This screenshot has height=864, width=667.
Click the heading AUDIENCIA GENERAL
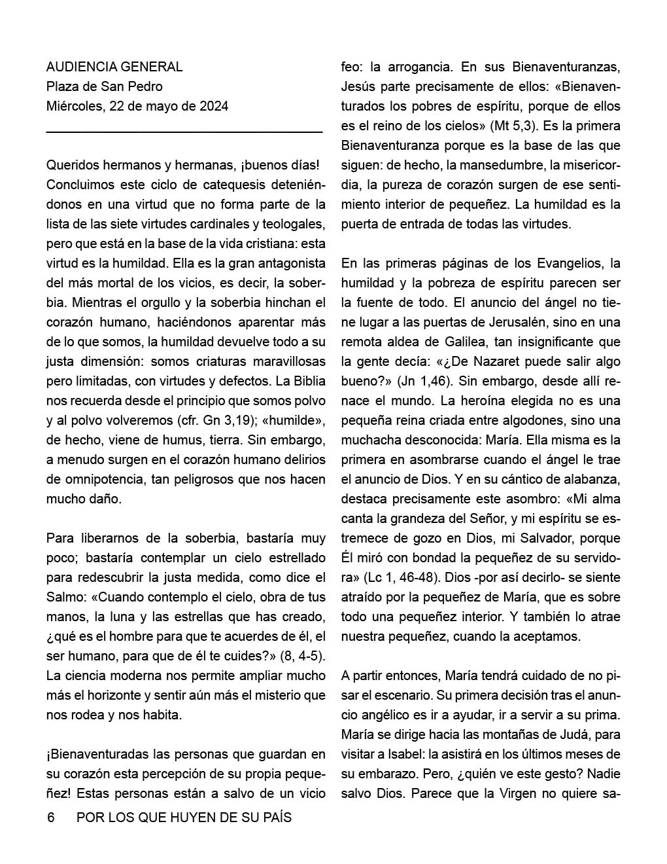[114, 67]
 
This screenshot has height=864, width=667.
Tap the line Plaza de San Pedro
[105, 86]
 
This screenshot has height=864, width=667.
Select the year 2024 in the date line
[213, 106]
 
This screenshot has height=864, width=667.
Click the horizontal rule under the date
[184, 133]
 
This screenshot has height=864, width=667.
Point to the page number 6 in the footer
[50, 818]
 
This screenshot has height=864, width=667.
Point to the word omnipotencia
[95, 479]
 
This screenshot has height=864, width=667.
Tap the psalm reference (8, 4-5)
[303, 656]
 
